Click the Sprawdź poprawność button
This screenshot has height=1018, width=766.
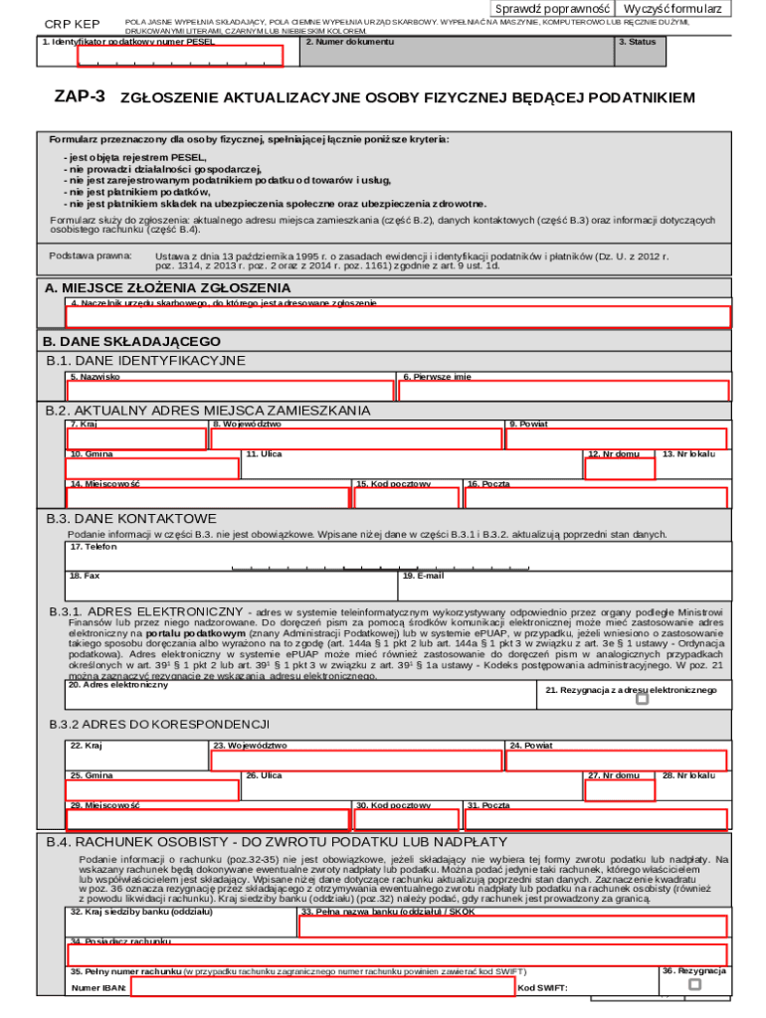(553, 9)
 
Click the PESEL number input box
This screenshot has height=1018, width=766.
(180, 57)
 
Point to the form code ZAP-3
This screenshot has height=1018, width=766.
(80, 97)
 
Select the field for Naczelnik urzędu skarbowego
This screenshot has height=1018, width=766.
(398, 317)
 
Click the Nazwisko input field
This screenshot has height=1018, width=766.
(230, 391)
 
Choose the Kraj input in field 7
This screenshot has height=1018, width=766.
(137, 439)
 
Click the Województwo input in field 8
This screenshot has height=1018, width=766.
(356, 439)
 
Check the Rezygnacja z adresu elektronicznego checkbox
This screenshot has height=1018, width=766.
(642, 699)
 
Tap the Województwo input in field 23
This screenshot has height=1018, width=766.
(356, 762)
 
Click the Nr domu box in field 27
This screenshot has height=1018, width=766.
(620, 790)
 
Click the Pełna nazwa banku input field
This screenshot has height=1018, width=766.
(512, 927)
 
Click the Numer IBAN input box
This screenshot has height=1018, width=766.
(322, 987)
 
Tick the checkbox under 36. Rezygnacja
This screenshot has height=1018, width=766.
(695, 984)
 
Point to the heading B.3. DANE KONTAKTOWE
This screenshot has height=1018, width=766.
(131, 519)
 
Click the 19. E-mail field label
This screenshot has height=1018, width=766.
(423, 576)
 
